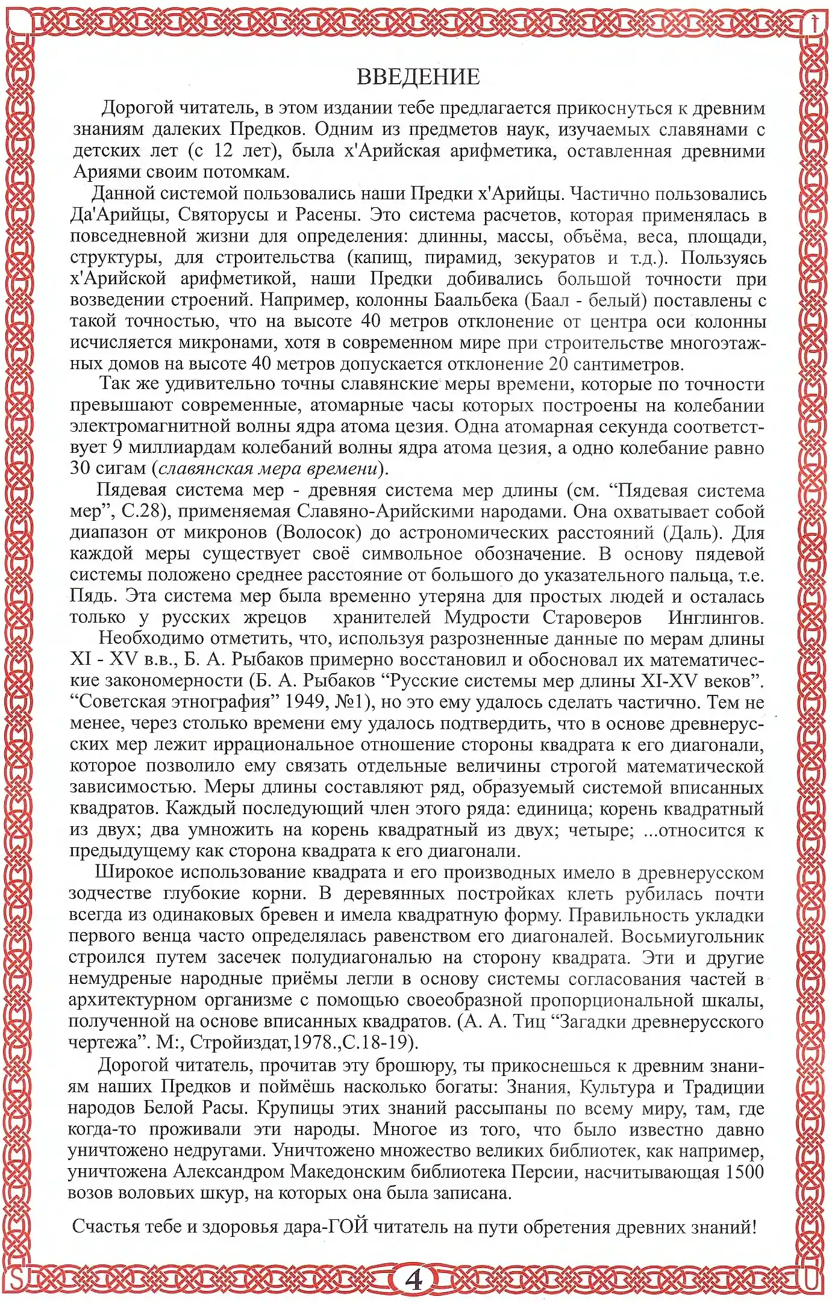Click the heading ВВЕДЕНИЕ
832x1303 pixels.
click(x=418, y=77)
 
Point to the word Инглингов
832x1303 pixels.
click(x=716, y=617)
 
